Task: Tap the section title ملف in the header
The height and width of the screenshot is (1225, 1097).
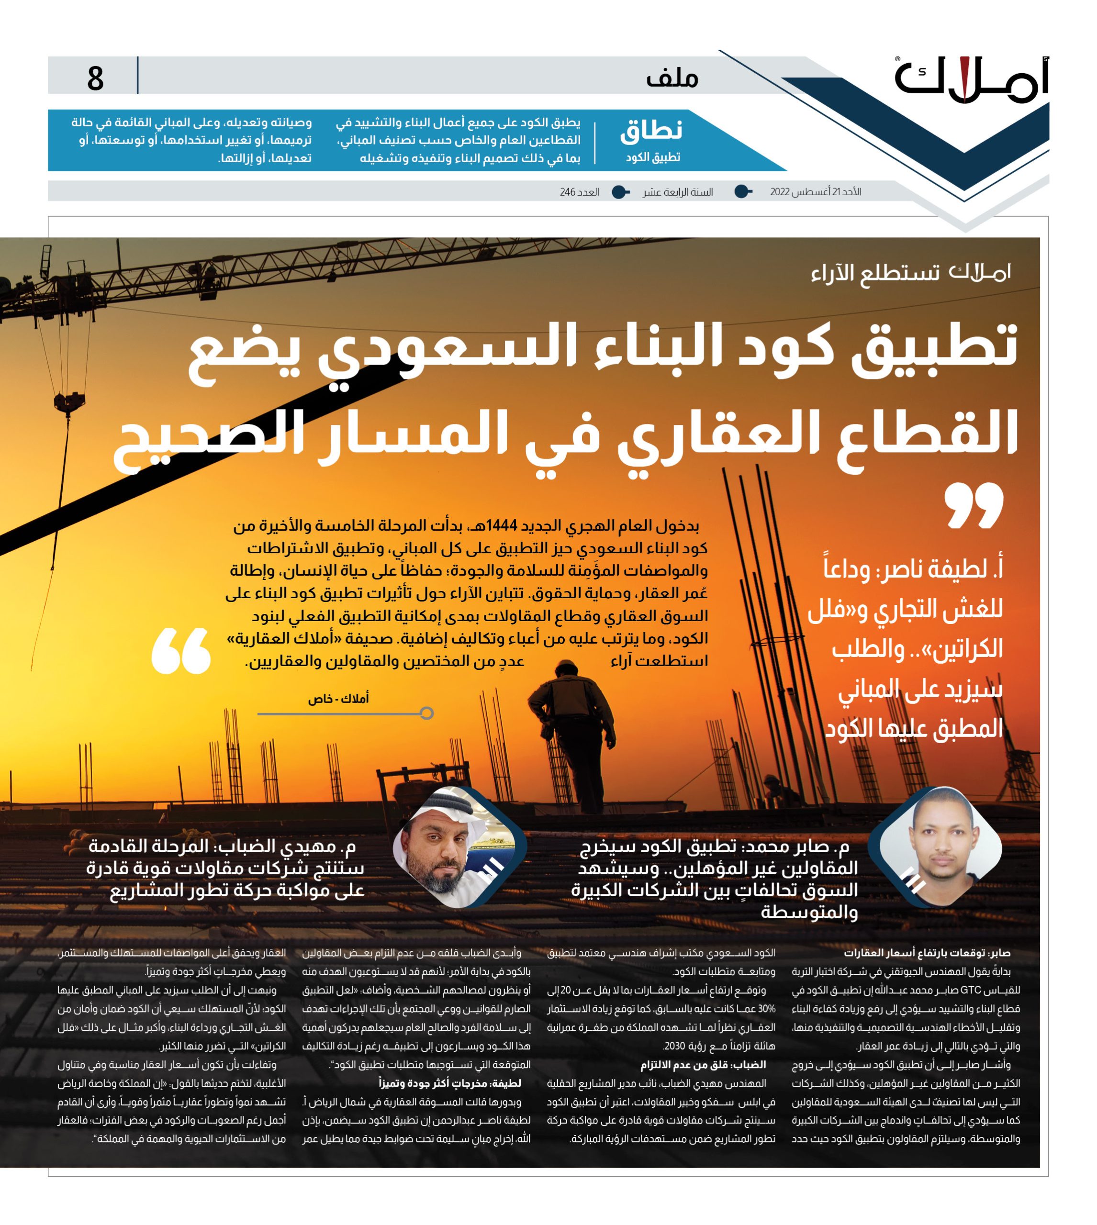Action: [x=672, y=78]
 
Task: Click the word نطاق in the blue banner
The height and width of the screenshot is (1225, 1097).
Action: [x=651, y=131]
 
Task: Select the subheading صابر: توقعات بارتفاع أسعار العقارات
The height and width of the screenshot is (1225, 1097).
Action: [x=927, y=953]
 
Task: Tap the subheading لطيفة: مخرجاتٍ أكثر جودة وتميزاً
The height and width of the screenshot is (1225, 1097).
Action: [x=449, y=1100]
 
